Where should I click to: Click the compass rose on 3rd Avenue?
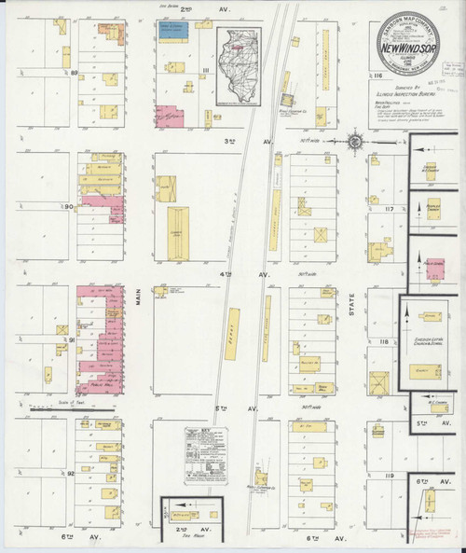(x=355, y=142)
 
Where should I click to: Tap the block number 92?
(x=72, y=474)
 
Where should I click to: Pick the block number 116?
(x=377, y=75)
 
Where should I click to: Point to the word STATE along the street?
(x=352, y=317)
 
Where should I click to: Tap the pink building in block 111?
(x=168, y=118)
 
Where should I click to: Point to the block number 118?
(x=384, y=343)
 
